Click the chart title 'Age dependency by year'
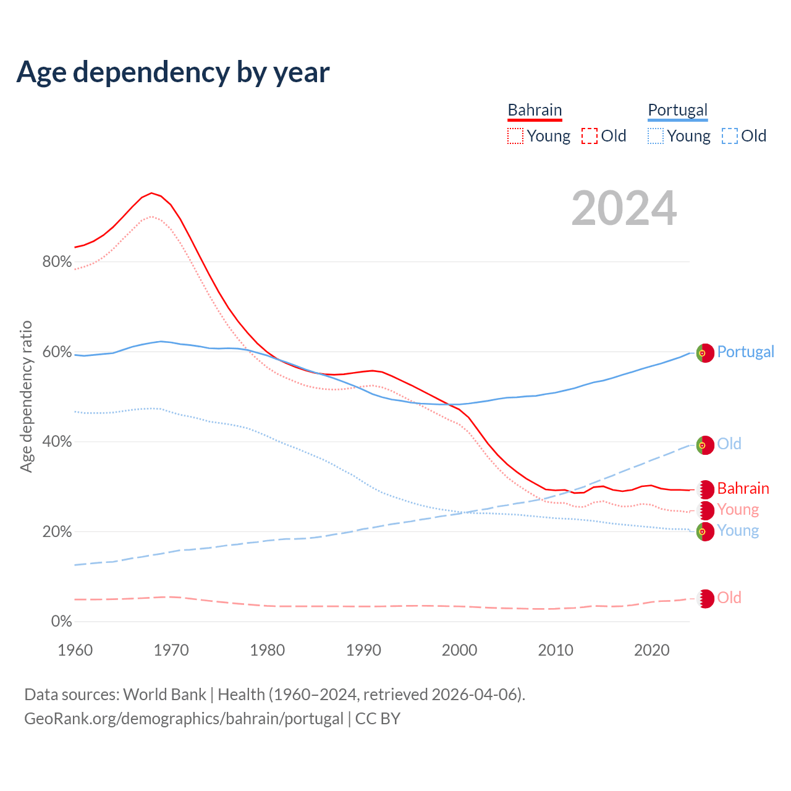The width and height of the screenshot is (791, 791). [173, 72]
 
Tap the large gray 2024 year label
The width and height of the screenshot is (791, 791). [624, 208]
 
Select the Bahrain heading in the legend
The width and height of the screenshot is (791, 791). [535, 110]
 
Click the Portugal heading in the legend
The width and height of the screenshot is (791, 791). [677, 110]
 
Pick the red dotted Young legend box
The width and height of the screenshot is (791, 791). [515, 136]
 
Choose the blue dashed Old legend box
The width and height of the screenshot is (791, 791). [730, 136]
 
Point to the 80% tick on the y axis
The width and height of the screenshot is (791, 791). [57, 262]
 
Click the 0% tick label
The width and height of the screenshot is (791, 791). [61, 622]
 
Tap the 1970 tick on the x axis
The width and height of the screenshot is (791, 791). [171, 650]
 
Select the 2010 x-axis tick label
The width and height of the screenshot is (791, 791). [556, 650]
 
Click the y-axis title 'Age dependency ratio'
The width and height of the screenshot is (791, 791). [26, 396]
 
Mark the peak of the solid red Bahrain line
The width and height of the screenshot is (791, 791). [151, 193]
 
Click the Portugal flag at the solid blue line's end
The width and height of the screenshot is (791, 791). [705, 352]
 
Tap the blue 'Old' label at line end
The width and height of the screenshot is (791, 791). [729, 444]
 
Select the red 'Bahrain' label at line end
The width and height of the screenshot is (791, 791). [743, 489]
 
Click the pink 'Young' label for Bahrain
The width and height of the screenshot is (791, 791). [738, 510]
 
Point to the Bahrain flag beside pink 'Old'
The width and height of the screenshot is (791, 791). [705, 598]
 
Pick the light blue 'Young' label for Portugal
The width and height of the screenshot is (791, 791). [738, 531]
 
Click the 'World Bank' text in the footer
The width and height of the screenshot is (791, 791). [164, 695]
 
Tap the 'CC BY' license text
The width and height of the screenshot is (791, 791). [378, 719]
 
